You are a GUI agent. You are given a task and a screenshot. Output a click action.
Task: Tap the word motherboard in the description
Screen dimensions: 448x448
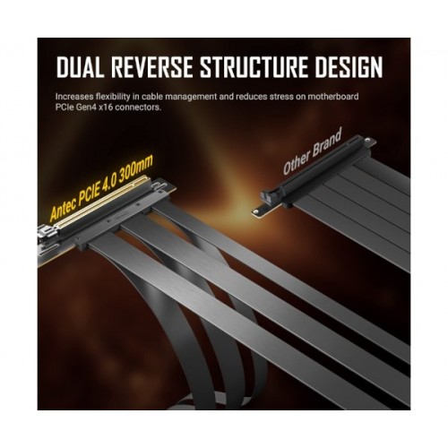pyautogui.click(x=333, y=97)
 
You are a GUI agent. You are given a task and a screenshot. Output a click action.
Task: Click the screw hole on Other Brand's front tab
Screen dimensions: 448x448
pyautogui.click(x=255, y=211)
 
